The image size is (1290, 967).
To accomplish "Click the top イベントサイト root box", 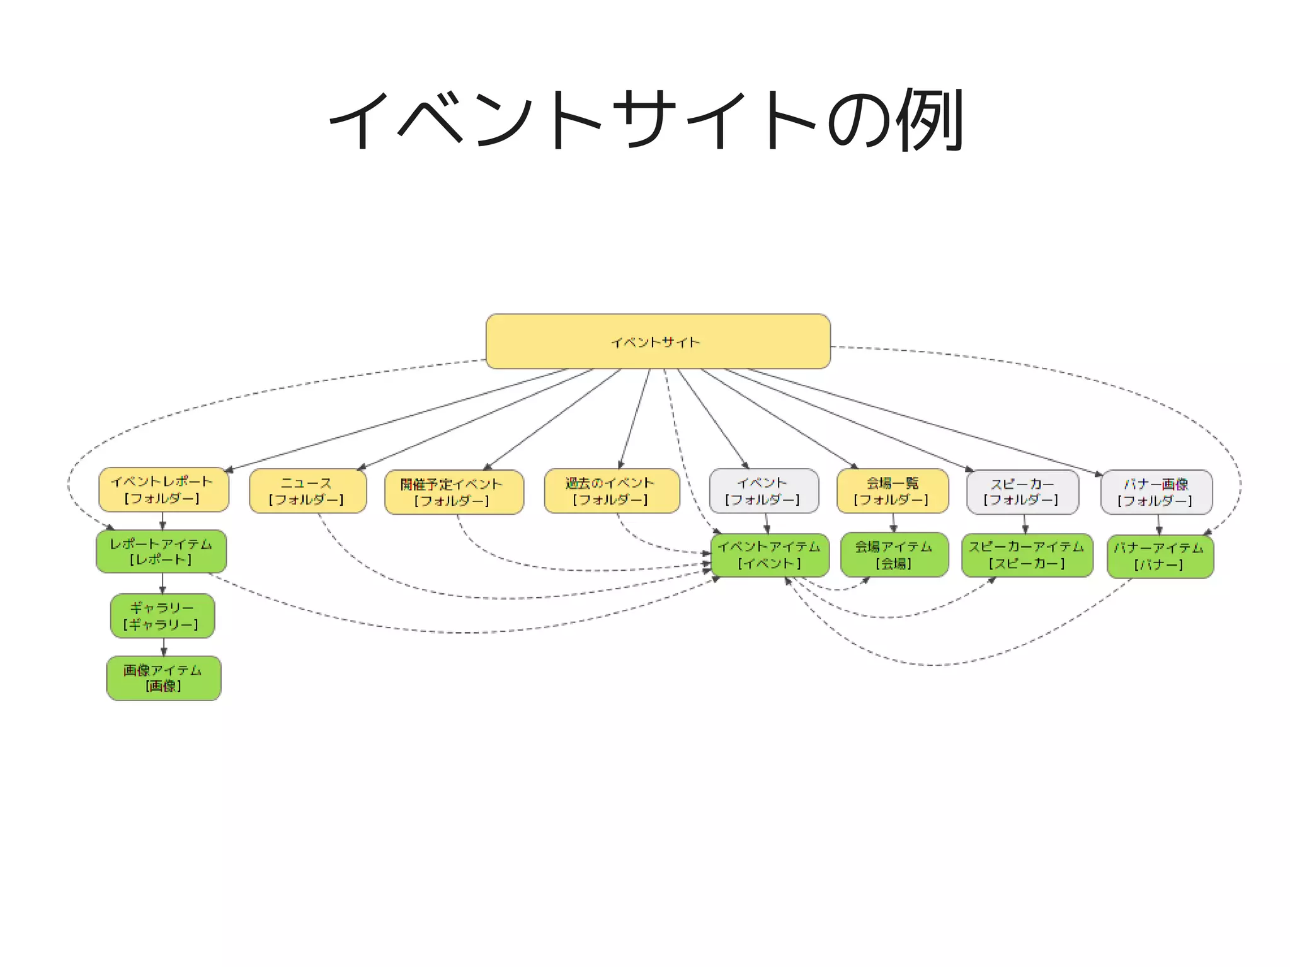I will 658,341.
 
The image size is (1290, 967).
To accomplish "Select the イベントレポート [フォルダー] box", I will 163,489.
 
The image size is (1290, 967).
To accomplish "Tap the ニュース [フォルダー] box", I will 307,491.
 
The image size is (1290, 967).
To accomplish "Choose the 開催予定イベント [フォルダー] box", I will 454,492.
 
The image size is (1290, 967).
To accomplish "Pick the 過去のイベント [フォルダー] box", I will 612,491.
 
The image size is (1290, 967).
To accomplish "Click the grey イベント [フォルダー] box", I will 763,491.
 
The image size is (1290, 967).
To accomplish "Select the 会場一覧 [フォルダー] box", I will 892,491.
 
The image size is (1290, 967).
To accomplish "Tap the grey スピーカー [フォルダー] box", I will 1022,491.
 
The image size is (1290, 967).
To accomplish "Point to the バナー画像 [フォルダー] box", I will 1156,492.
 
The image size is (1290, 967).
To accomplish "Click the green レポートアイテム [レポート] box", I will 161,551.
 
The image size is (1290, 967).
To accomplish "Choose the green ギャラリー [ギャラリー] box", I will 163,615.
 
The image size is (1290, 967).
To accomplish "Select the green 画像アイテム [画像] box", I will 163,678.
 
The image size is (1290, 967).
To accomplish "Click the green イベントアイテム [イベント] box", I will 769,555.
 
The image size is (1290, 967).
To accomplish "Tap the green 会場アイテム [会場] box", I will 894,555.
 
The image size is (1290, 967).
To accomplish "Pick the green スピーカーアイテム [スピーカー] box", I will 1026,555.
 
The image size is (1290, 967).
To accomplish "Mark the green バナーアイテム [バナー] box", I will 1160,556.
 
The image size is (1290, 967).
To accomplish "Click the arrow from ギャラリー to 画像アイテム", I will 164,648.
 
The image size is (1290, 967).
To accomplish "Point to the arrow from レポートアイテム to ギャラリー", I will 163,584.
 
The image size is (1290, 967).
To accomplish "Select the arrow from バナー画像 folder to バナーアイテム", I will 1158,525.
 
